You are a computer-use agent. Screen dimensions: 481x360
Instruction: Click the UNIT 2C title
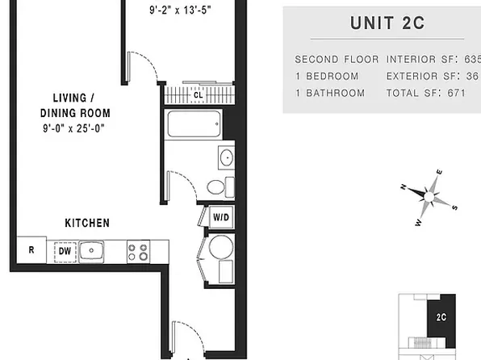tap(387, 23)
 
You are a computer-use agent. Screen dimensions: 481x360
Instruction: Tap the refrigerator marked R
tap(31, 250)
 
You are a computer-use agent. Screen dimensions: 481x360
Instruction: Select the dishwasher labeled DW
tap(65, 252)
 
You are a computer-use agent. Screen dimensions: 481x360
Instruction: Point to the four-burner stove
tap(138, 252)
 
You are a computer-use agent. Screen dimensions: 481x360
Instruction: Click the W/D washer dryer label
tap(221, 217)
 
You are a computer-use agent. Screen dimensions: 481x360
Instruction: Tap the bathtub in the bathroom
tap(194, 123)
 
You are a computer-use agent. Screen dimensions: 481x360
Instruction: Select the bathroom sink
tap(227, 157)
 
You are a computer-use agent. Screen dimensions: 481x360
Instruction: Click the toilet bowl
tap(215, 187)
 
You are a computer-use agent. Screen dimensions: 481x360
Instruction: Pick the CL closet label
tap(199, 95)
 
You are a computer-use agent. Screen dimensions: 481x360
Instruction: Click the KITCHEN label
tap(87, 223)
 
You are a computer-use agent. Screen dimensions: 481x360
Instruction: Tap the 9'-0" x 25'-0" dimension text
tap(74, 128)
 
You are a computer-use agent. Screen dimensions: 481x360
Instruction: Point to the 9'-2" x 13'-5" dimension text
tap(181, 10)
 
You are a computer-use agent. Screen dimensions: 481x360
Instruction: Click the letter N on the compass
tap(404, 186)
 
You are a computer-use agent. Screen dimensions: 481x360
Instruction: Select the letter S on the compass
tap(454, 207)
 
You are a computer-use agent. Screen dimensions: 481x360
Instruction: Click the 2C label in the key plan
tap(441, 317)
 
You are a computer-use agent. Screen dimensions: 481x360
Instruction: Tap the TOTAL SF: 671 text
tap(426, 93)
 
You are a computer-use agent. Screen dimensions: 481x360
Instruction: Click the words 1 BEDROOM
tap(327, 76)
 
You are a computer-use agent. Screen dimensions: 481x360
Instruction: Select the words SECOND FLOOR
tap(337, 59)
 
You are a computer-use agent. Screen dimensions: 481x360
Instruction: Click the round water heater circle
tap(221, 247)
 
